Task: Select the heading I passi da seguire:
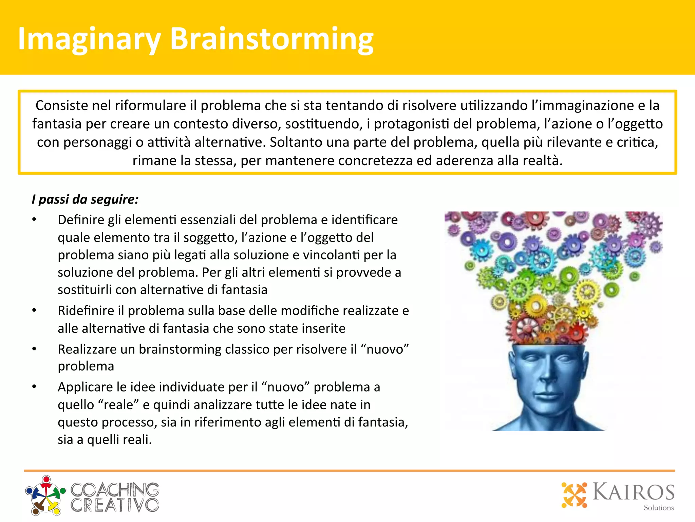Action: click(85, 199)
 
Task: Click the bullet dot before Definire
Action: click(34, 220)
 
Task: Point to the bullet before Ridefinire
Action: click(34, 310)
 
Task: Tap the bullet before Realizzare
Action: click(34, 349)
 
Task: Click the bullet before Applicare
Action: click(34, 387)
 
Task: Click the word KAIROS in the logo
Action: click(633, 492)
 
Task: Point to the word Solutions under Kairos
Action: click(659, 508)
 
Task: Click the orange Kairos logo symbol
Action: click(574, 494)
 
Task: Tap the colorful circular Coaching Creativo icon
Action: click(45, 495)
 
